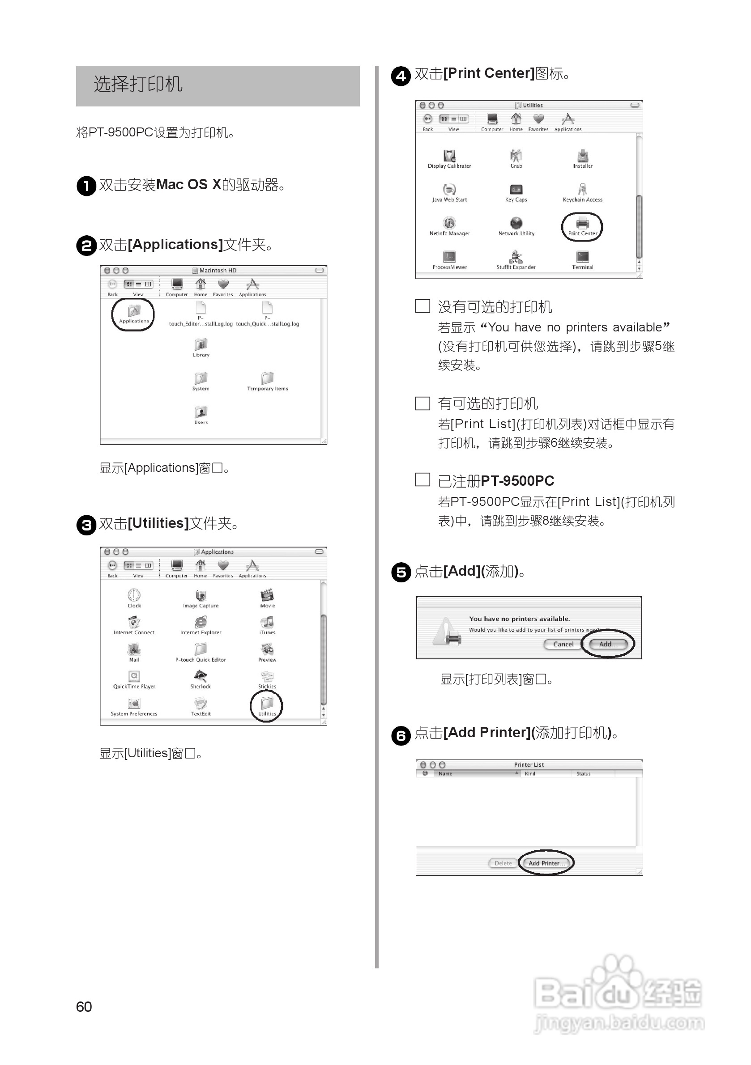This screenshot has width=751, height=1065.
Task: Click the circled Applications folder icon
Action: (x=134, y=312)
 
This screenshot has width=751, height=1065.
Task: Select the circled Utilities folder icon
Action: (x=267, y=704)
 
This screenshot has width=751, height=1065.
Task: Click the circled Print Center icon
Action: (x=583, y=224)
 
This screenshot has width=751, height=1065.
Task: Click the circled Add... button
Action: (x=608, y=644)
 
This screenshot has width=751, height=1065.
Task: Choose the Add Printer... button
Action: (x=546, y=863)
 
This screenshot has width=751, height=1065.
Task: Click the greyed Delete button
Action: (x=503, y=863)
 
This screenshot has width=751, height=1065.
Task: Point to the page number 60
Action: (x=84, y=1006)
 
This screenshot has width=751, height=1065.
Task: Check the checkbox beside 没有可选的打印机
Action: (x=422, y=306)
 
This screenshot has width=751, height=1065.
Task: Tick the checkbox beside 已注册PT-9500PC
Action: (x=422, y=479)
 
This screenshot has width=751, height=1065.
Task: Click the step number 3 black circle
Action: (x=86, y=525)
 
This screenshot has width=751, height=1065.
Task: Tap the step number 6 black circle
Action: (x=401, y=735)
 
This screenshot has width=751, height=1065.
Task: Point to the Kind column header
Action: (x=530, y=774)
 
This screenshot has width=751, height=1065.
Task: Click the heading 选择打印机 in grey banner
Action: (x=138, y=85)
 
